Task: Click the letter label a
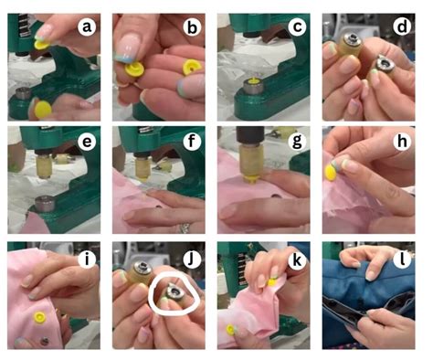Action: pyautogui.click(x=89, y=27)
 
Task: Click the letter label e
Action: pyautogui.click(x=89, y=143)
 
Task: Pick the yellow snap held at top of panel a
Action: pyautogui.click(x=40, y=42)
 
